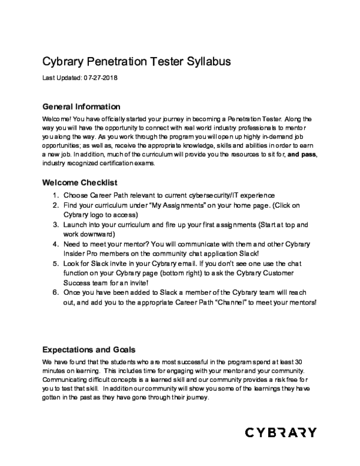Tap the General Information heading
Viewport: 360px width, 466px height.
[x=81, y=107]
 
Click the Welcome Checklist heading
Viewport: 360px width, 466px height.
[x=79, y=182]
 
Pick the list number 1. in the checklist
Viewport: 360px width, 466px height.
[x=54, y=196]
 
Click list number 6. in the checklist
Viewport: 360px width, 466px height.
[x=54, y=292]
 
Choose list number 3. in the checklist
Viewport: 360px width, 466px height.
[x=54, y=225]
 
